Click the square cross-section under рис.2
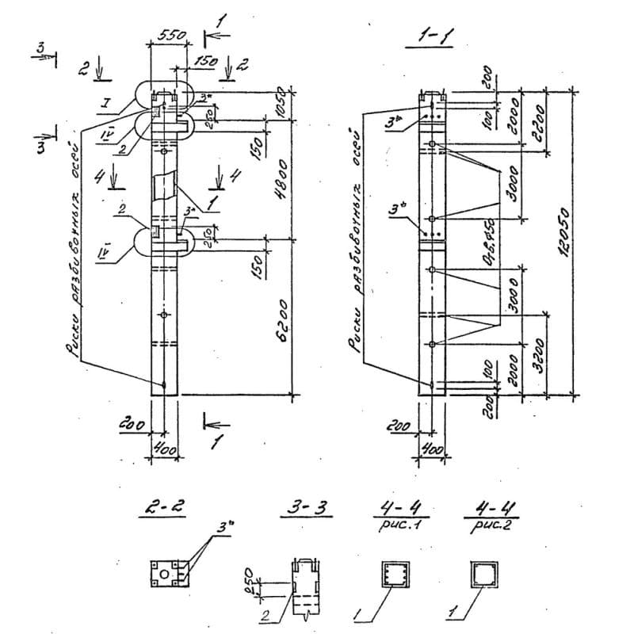click(484, 573)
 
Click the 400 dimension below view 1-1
click(432, 449)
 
